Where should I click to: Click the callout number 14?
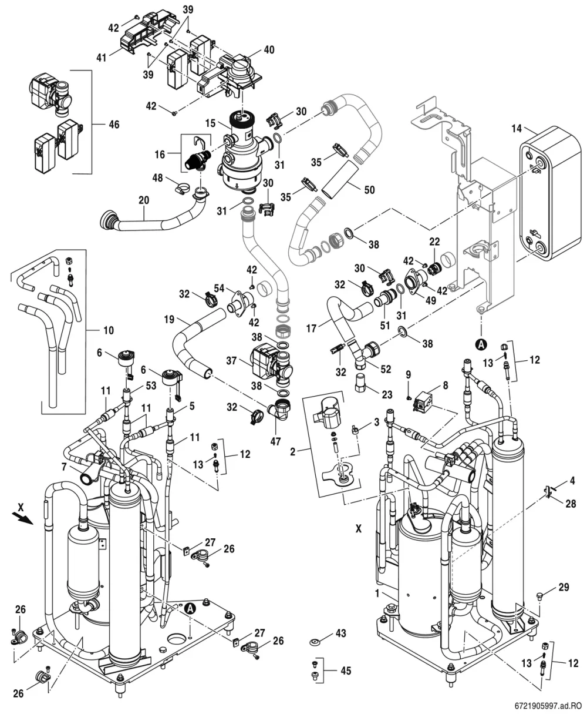517,129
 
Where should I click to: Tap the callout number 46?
114,125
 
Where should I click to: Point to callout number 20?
144,200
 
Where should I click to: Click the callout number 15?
210,123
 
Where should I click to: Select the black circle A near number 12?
481,345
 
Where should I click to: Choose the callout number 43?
341,633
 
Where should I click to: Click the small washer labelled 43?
315,642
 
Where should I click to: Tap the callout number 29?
564,587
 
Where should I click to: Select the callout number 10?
109,330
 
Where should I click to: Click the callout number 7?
64,467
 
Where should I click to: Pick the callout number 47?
275,441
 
